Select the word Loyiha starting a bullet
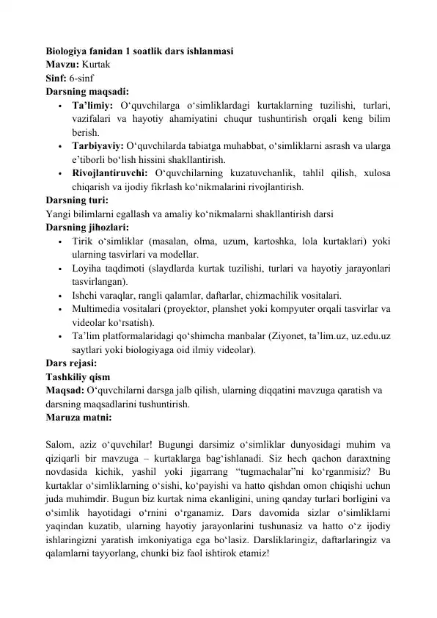pos(87,267)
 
